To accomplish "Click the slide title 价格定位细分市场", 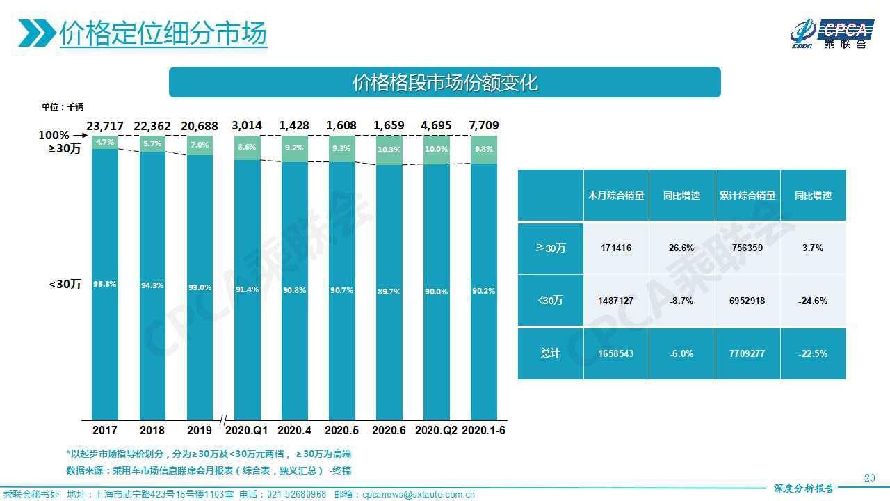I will [163, 33].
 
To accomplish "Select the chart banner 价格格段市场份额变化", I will [445, 83].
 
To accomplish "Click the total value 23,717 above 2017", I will [105, 126].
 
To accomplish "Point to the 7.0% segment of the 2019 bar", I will [199, 145].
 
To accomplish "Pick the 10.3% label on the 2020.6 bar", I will [389, 150].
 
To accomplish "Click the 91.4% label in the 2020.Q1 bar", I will [248, 289].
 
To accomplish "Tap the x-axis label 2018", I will [152, 431].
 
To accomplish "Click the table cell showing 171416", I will [615, 248].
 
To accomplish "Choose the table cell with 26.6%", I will [681, 248].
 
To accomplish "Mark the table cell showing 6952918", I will [747, 301].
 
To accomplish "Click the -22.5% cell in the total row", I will [813, 353].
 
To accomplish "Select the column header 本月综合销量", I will [615, 196].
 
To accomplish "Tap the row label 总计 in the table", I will [550, 353].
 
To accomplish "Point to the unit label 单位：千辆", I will [62, 106].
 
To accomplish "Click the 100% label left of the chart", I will [54, 135].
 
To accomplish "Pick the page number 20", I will [868, 477].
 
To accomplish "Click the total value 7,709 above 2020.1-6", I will [485, 126].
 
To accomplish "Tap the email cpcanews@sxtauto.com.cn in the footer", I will [419, 495].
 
